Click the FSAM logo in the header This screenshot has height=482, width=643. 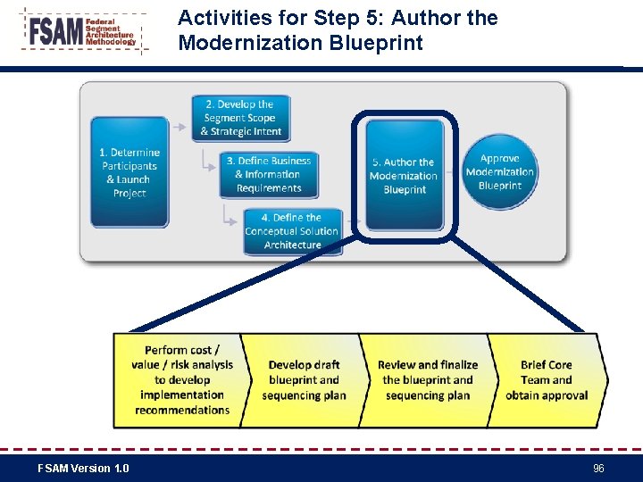[84, 31]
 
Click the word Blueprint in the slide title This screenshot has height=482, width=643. [384, 43]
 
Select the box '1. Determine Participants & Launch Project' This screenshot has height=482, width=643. [129, 172]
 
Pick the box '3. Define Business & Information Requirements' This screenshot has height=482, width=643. [269, 174]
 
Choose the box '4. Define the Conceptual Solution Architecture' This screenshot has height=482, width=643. [292, 230]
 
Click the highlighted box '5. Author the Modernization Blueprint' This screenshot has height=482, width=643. [404, 175]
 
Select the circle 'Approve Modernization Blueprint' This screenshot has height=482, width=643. [500, 171]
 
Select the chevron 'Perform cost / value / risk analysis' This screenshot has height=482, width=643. [182, 379]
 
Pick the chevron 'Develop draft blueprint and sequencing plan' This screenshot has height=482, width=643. [304, 379]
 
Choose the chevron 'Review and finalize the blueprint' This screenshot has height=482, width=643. [427, 379]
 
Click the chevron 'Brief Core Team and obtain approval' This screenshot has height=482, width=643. [547, 379]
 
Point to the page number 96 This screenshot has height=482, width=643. [598, 469]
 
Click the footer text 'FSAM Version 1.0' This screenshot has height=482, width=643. [83, 469]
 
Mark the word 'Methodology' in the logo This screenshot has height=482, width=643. [111, 42]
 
